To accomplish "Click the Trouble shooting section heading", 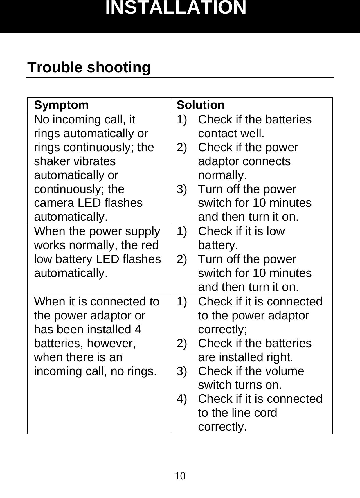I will pos(89,67).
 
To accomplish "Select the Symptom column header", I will pos(61,105).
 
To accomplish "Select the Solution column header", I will pos(201,105).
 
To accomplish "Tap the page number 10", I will pos(180,476).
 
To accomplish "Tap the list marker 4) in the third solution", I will pos(182,399).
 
